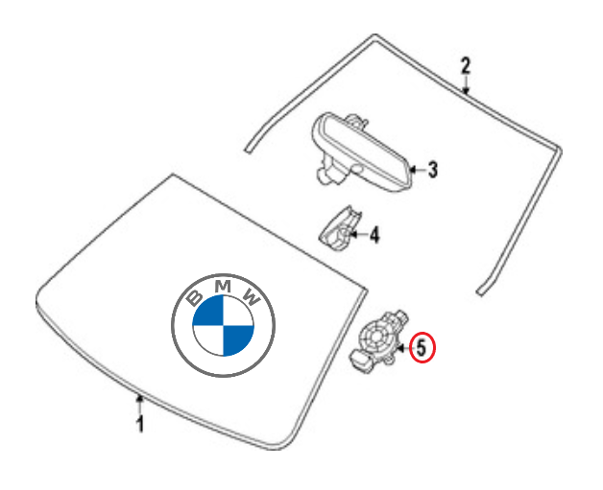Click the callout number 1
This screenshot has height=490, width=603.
[x=140, y=424]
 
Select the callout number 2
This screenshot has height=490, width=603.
[x=466, y=66]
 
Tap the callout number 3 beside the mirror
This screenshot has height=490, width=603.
[x=432, y=171]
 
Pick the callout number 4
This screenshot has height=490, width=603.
[x=374, y=233]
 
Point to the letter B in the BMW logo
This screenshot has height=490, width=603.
[x=192, y=295]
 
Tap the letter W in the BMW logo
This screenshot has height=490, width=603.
[x=253, y=295]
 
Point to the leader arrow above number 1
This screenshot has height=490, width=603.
[x=140, y=401]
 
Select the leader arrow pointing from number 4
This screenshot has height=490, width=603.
[x=356, y=233]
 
